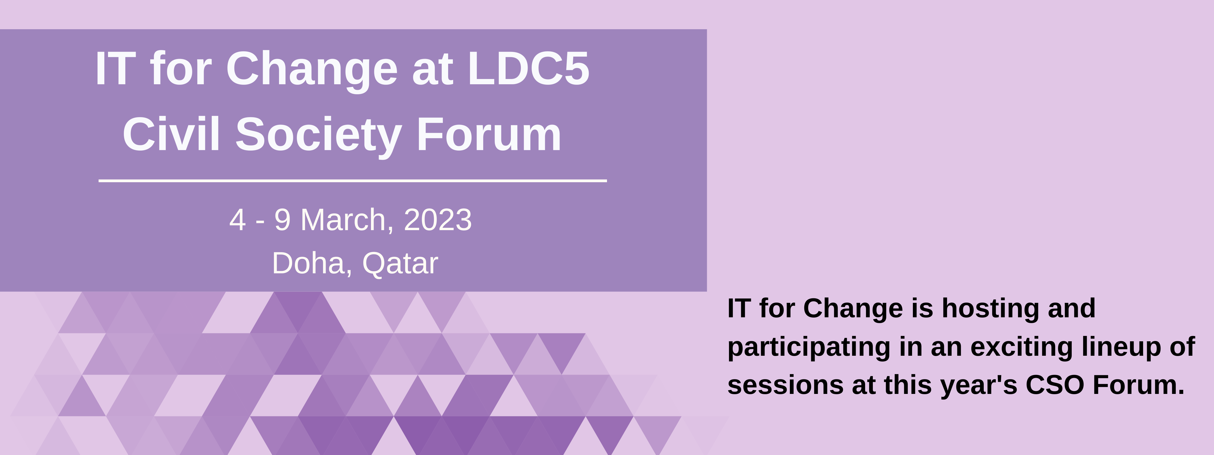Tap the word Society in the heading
(x=318, y=137)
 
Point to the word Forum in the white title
(x=489, y=135)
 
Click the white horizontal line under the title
(x=353, y=180)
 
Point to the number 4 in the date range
(x=238, y=220)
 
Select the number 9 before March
(x=282, y=220)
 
